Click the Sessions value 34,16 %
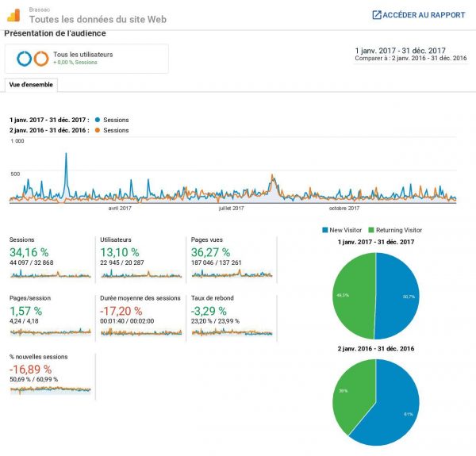pos(29,253)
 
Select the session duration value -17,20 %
pos(121,311)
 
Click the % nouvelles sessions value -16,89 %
pos(31,370)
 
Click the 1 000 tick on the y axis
pos(17,141)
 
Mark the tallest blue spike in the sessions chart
pos(66,155)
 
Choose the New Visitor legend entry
pos(343,230)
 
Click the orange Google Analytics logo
pos(14,14)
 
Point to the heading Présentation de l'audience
pos(55,34)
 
